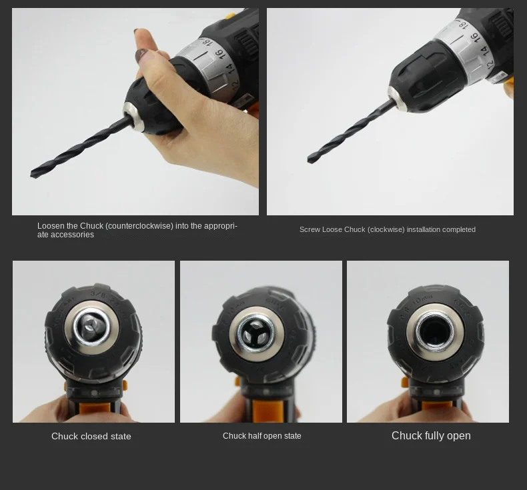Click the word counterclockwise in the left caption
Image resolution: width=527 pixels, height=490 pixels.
tap(139, 226)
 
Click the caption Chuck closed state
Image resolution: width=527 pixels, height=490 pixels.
tap(91, 436)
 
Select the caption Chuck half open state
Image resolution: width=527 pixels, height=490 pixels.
tap(261, 436)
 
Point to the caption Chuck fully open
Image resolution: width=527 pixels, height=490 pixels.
tap(431, 435)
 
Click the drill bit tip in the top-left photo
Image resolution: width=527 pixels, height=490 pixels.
tap(33, 174)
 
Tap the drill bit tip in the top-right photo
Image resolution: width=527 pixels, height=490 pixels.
tap(310, 159)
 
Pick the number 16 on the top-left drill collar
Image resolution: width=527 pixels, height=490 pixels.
tap(219, 54)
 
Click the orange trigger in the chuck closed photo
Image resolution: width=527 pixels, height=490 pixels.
tap(95, 409)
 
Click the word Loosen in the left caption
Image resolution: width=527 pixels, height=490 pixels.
tap(48, 226)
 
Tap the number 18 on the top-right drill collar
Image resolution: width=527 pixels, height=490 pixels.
tap(464, 24)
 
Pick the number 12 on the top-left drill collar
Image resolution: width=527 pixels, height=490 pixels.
tap(235, 84)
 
